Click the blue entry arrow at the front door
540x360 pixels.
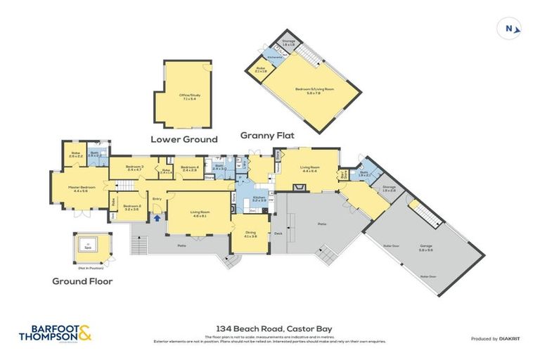(156, 217)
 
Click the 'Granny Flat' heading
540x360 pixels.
(267, 135)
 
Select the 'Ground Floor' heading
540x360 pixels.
(82, 281)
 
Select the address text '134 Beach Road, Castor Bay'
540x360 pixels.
(271, 327)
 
